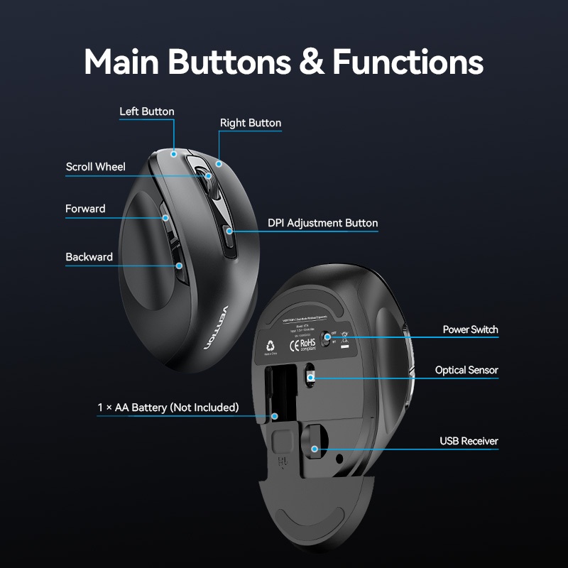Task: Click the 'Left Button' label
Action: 146,111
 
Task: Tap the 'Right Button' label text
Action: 250,123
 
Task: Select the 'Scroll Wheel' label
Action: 95,167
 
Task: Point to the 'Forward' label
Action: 85,209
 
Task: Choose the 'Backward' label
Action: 89,257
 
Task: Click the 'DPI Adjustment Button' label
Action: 322,223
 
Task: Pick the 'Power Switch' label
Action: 470,329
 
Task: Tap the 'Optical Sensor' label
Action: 466,370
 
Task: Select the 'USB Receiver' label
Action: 469,441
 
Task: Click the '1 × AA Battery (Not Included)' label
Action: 168,408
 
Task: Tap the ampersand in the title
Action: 311,62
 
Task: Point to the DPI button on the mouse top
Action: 229,239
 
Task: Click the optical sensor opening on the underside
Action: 311,377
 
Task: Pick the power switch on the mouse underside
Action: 327,337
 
